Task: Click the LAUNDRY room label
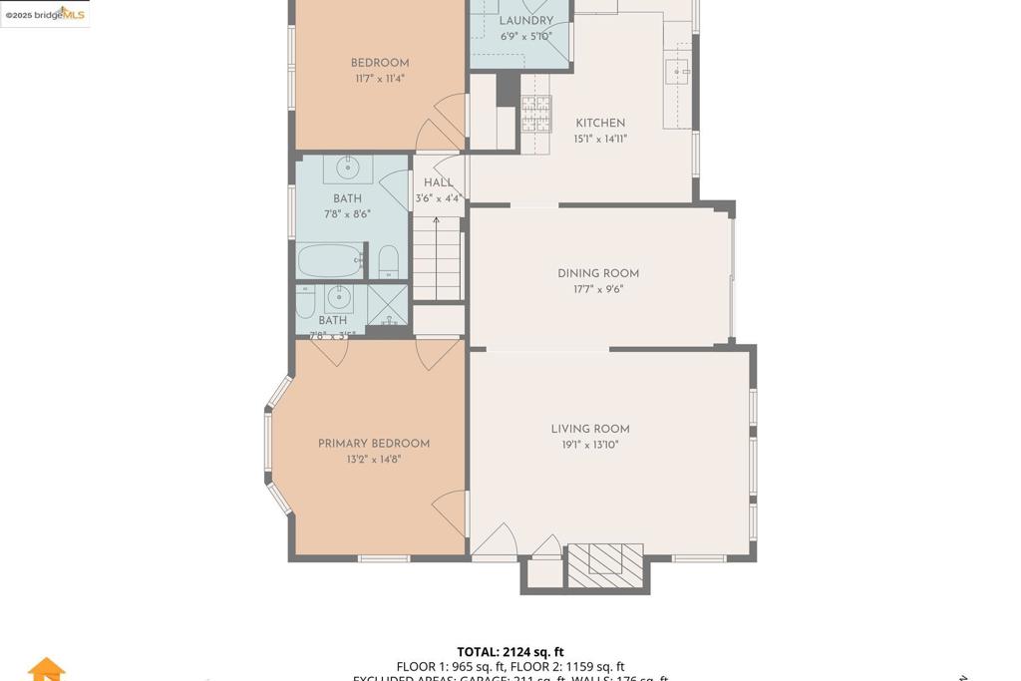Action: [525, 21]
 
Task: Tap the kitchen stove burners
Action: [535, 113]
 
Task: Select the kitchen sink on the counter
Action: [678, 73]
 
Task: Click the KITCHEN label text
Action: [600, 124]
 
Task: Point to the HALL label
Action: [438, 182]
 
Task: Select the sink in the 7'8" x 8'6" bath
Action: [348, 168]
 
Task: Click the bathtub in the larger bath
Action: [330, 261]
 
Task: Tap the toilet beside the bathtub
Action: [389, 262]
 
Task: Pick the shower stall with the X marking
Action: [387, 305]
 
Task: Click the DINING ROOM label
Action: [598, 273]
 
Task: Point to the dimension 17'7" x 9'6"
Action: [598, 290]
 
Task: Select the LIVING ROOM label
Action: [590, 430]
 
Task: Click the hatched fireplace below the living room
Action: [604, 565]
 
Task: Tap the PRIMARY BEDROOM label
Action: [374, 444]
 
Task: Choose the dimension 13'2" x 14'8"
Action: [374, 460]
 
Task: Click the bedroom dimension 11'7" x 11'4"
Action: [380, 79]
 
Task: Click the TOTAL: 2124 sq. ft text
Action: [510, 652]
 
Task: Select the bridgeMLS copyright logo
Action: [45, 14]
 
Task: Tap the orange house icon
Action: [46, 670]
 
